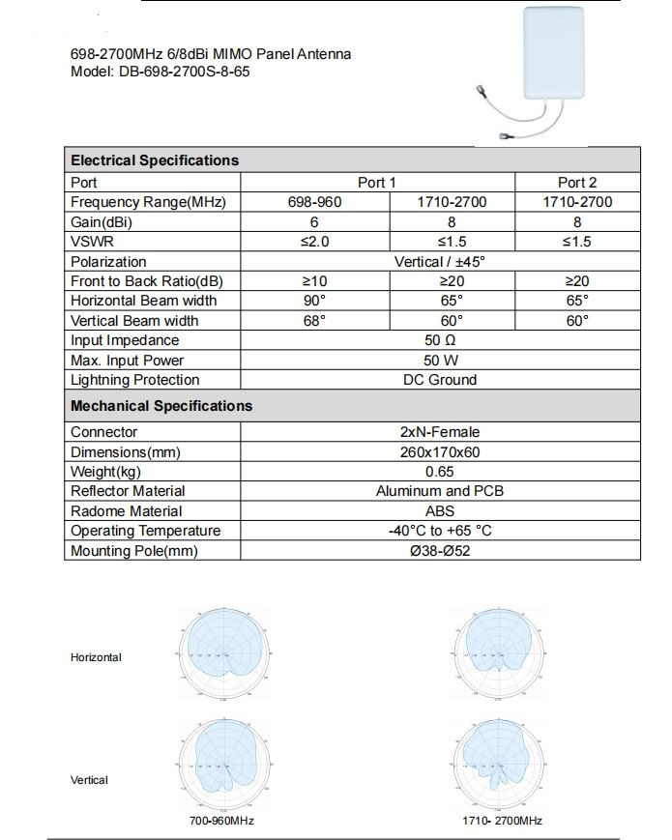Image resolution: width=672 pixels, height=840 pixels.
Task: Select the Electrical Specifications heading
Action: coord(155,160)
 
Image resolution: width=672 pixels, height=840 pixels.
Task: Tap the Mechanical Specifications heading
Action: coord(161,406)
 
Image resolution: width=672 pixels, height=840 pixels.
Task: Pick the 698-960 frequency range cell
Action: coord(315,202)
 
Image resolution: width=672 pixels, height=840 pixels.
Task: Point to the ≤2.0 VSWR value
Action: coord(315,242)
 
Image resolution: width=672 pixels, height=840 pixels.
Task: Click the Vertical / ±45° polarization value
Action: coord(440,261)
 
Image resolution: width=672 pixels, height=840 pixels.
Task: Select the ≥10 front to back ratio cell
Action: coord(315,280)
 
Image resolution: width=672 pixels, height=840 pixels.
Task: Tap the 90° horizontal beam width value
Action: coord(315,301)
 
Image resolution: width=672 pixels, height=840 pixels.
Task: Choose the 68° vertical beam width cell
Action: coord(315,320)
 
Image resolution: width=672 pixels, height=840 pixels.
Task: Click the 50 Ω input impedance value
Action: coord(440,340)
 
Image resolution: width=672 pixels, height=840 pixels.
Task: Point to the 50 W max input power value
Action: coord(440,361)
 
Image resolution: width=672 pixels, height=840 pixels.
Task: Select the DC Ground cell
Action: coord(440,380)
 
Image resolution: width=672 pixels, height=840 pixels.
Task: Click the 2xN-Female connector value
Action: coord(440,432)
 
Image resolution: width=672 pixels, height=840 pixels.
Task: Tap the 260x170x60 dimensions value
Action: coord(440,451)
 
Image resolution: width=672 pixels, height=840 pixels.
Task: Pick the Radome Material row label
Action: coord(127,510)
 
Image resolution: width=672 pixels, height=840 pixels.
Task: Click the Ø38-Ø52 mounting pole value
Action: coord(440,551)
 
